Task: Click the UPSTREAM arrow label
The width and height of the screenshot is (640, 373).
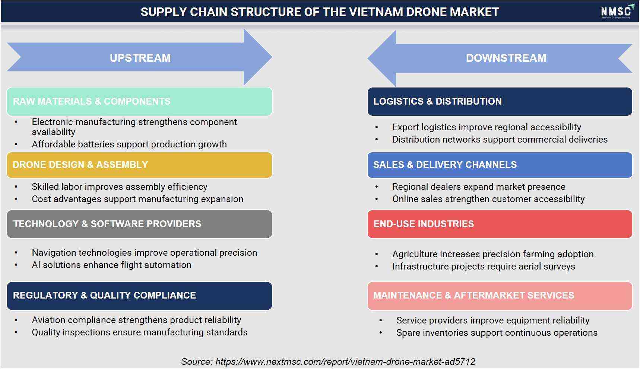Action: click(x=140, y=58)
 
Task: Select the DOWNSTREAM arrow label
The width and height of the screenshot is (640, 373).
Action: click(x=506, y=58)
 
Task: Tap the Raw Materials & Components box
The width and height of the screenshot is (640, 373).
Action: click(x=139, y=102)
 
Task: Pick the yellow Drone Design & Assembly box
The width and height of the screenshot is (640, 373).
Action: click(x=139, y=165)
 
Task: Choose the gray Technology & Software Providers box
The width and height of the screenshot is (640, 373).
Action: click(x=139, y=224)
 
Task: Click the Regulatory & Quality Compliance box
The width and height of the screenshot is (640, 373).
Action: click(x=139, y=296)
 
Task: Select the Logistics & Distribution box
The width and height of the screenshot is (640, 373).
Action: click(x=500, y=102)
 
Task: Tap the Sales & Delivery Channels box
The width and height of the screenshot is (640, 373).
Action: click(x=500, y=165)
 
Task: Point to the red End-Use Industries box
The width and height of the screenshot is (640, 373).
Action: click(x=500, y=224)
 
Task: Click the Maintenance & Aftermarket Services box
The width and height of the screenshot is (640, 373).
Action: click(x=500, y=296)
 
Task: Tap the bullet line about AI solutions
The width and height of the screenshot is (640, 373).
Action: click(x=112, y=265)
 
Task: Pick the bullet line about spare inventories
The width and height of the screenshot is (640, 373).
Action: click(x=497, y=333)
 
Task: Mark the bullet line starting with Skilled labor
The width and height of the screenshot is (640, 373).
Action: click(x=120, y=187)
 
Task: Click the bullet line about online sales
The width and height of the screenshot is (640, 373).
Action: click(x=488, y=199)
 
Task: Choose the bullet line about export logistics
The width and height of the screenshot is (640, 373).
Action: click(x=487, y=127)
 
